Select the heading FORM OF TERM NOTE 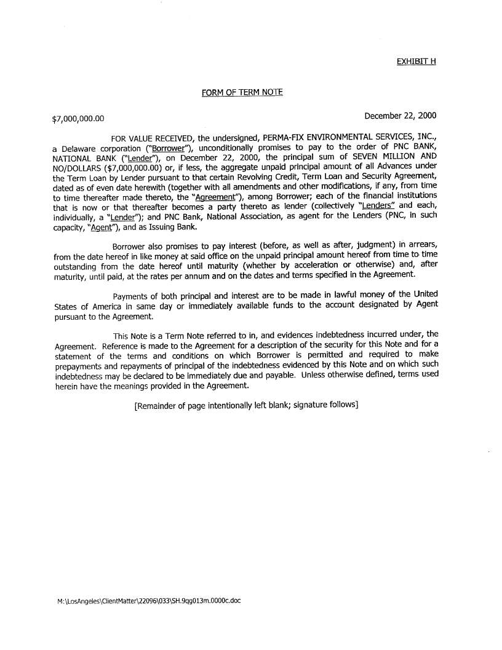(x=242, y=92)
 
